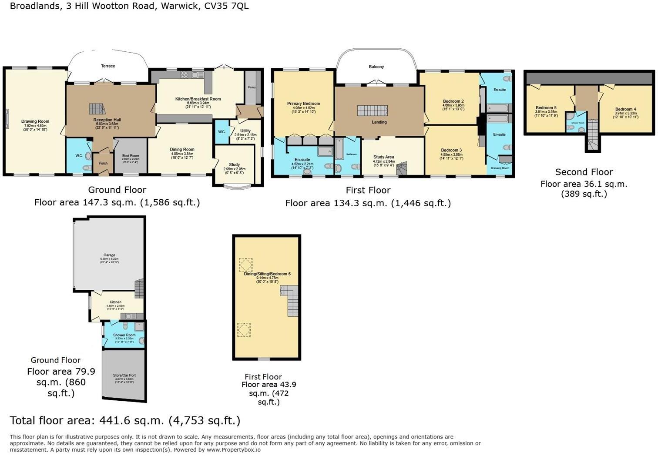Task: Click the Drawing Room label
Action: tap(35, 121)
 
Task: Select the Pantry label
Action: tap(252, 87)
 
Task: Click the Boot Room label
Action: tap(131, 156)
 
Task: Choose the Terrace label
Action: tap(108, 66)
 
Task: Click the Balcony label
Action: tap(376, 67)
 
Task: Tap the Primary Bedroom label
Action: tap(303, 104)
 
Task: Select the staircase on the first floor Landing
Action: tap(372, 111)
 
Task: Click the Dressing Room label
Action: tap(500, 168)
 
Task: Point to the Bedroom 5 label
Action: tap(546, 108)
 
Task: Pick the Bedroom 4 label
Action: tap(626, 109)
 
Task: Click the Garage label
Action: tap(109, 255)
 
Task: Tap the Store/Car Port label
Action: tap(124, 375)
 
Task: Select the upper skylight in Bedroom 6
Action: tap(245, 265)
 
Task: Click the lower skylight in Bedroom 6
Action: tap(244, 329)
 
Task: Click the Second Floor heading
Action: tap(584, 172)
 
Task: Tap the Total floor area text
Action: tap(125, 420)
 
